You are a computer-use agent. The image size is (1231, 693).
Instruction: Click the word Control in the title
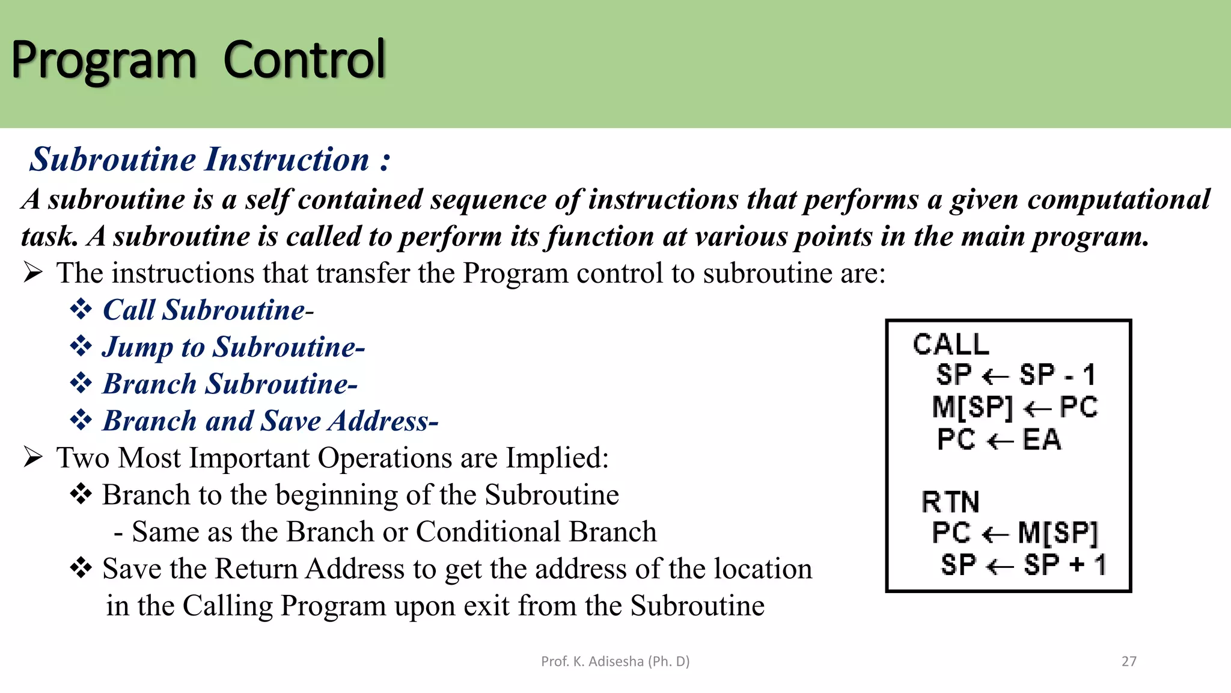point(304,60)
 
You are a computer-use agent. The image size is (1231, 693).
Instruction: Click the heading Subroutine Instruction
point(209,159)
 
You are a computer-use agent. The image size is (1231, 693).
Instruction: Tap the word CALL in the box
point(950,345)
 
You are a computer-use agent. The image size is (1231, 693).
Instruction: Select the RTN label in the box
point(950,502)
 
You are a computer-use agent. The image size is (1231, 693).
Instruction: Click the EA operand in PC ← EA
point(1042,440)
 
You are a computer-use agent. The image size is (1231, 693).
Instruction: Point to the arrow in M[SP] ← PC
point(1037,409)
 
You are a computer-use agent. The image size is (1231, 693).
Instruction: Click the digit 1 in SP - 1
point(1089,375)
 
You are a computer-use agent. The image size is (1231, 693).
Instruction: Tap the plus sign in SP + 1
point(1077,565)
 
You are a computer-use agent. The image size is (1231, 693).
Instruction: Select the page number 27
point(1129,661)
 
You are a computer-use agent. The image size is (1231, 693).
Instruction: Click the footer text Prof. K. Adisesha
point(615,661)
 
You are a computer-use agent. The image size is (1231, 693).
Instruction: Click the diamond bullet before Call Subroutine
point(81,310)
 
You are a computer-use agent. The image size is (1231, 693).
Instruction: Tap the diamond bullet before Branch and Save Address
point(81,420)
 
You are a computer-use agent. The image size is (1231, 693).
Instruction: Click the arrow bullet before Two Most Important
point(33,457)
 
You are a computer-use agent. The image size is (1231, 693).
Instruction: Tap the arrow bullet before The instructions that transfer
point(33,273)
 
